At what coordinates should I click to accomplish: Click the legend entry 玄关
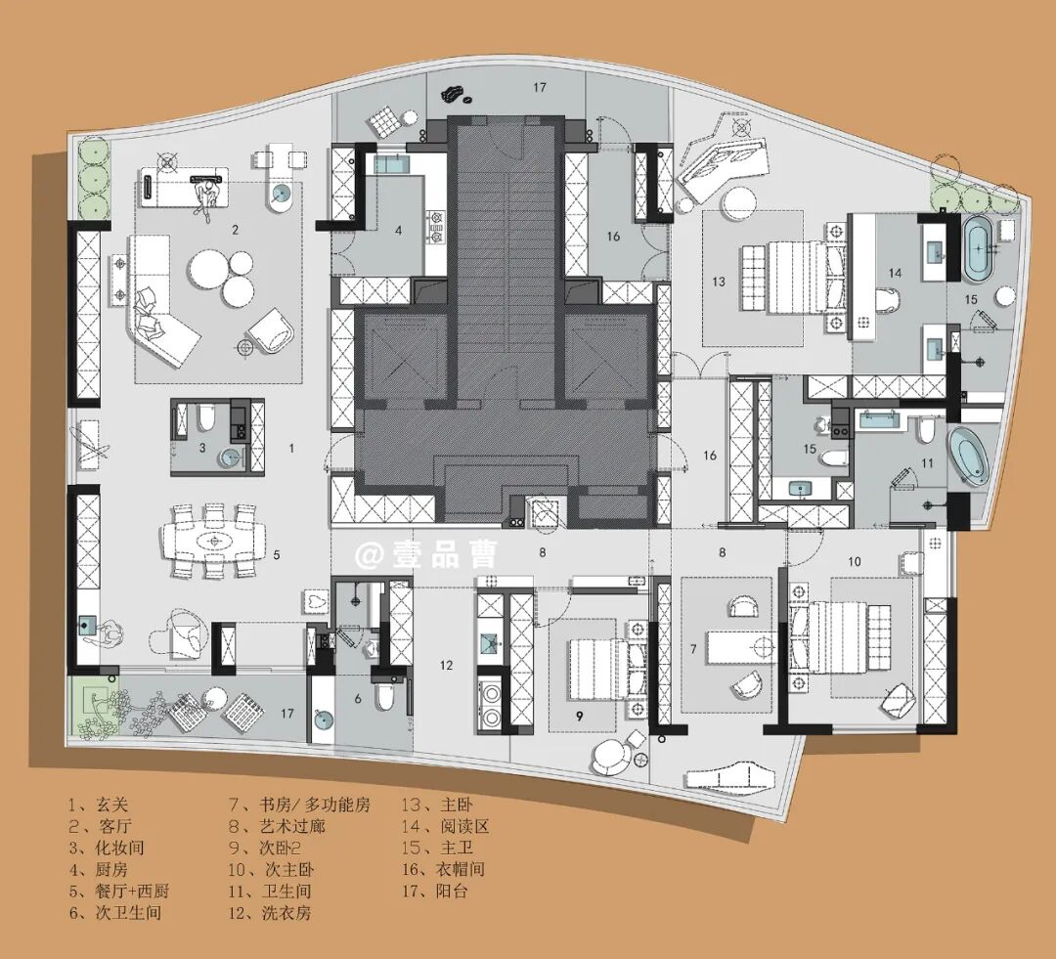[111, 805]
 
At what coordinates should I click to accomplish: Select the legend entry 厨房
[111, 869]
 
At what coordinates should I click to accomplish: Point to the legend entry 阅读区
[464, 826]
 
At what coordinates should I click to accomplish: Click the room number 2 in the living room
[235, 230]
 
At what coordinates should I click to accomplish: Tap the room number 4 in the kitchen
[399, 231]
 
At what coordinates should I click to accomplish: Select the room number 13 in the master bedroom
[719, 281]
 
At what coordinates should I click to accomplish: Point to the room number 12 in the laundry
[446, 666]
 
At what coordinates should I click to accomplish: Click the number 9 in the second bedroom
[580, 716]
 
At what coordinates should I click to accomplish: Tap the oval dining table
[214, 541]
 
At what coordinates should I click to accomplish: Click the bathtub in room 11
[969, 455]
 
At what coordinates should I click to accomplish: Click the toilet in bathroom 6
[384, 698]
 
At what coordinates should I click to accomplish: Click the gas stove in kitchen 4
[436, 227]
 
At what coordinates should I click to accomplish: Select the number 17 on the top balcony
[540, 87]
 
